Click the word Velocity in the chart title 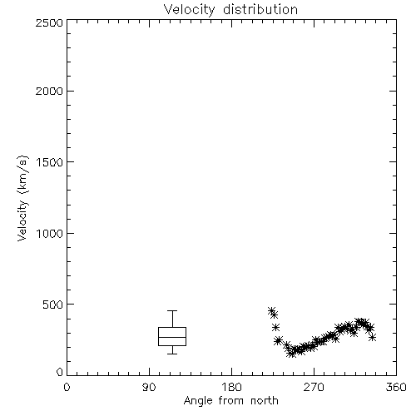[189, 10]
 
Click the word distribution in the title [260, 9]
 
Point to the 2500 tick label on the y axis [49, 22]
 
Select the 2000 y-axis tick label [49, 91]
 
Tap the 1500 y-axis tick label [50, 162]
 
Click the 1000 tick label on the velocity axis [50, 233]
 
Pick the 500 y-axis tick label [53, 305]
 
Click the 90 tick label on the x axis [149, 387]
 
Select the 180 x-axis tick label [231, 387]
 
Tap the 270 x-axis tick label [314, 387]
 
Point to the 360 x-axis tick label [396, 387]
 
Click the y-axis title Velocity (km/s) [22, 198]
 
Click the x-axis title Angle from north [230, 401]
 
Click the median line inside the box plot [172, 337]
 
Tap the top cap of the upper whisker [172, 311]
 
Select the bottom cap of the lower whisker [172, 354]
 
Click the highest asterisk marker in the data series [271, 310]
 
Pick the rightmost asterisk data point [373, 337]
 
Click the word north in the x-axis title [265, 400]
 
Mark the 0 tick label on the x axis [67, 387]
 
